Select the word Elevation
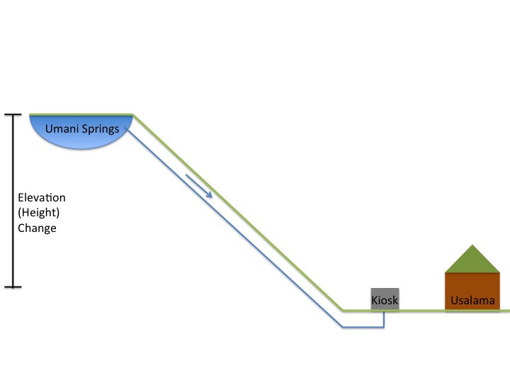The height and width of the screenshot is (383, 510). click(x=41, y=197)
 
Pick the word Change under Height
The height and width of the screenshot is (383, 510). click(x=37, y=228)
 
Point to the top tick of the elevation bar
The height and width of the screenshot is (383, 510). click(x=13, y=114)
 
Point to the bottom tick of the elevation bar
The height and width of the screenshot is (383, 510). click(x=13, y=287)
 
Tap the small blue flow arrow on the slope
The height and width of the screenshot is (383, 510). click(x=199, y=186)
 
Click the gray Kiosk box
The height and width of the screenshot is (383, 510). click(x=385, y=299)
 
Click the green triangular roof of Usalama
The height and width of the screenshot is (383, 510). click(x=472, y=261)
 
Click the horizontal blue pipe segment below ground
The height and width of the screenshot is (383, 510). click(x=361, y=327)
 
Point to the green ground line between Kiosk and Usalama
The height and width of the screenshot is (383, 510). click(x=422, y=311)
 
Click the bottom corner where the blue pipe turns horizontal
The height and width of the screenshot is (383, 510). click(x=341, y=327)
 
